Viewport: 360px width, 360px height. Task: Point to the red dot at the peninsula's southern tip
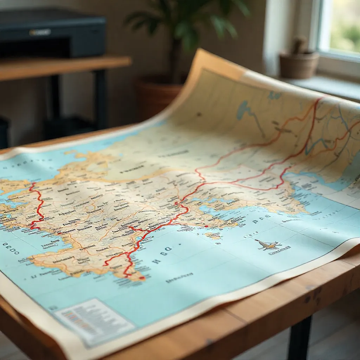(x=142, y=278)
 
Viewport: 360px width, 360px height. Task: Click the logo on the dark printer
(x=40, y=32)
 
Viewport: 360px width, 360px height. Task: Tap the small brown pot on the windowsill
(x=299, y=65)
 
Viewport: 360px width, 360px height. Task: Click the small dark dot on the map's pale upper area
(x=199, y=115)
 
